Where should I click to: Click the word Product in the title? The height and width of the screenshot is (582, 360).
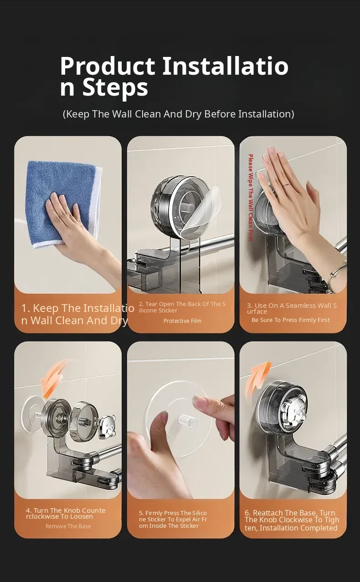point(108,66)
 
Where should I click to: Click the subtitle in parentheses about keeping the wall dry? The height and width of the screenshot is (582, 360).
point(179,114)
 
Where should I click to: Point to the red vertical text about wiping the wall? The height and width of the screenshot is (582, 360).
point(251,198)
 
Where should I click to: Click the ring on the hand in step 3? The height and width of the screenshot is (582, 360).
point(287,185)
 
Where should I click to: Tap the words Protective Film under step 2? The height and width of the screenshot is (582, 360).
point(182,321)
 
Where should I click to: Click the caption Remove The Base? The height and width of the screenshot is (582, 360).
point(68,526)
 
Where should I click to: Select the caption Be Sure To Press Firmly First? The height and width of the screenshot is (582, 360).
point(291,320)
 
